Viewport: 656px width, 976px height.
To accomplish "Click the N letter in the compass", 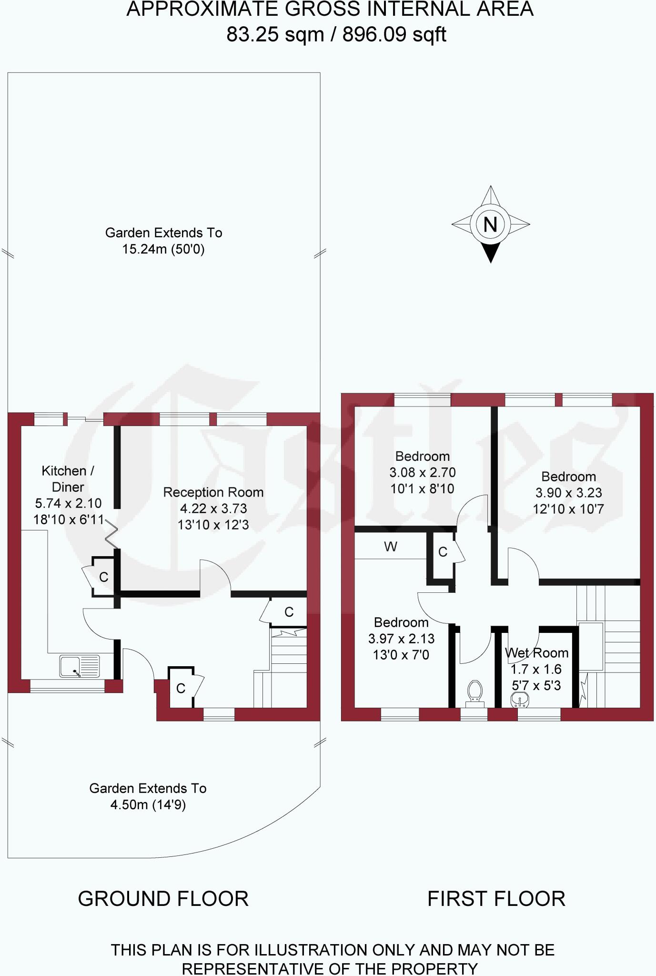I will pos(490,224).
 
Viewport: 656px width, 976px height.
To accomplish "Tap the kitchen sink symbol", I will pos(80,666).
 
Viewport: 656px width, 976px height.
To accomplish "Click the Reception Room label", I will pos(213,492).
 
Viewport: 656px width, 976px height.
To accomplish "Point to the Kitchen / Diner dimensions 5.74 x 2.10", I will pos(68,503).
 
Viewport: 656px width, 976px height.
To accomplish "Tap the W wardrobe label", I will pos(391,547).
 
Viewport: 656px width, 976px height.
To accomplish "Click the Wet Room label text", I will pos(536,653).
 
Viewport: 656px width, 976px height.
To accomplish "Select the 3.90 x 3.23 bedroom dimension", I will pos(568,493).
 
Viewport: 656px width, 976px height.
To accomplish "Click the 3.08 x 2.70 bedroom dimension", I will pos(423,473).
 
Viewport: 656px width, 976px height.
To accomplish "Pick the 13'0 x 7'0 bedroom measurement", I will pos(401,655).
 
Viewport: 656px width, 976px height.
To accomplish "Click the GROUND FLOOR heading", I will pos(163,899).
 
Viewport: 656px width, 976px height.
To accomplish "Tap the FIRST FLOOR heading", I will pos(496,899).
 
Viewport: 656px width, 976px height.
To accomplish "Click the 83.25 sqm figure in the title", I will pos(275,34).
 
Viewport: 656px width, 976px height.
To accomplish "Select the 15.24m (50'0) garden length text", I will pos(163,249).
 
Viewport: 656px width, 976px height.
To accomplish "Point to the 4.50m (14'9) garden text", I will pos(148,805).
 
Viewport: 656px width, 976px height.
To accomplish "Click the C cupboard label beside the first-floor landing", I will pos(443,552).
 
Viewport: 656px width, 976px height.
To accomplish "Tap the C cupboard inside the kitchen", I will pos(103,577).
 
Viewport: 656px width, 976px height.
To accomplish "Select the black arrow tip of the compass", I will pos(490,254).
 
